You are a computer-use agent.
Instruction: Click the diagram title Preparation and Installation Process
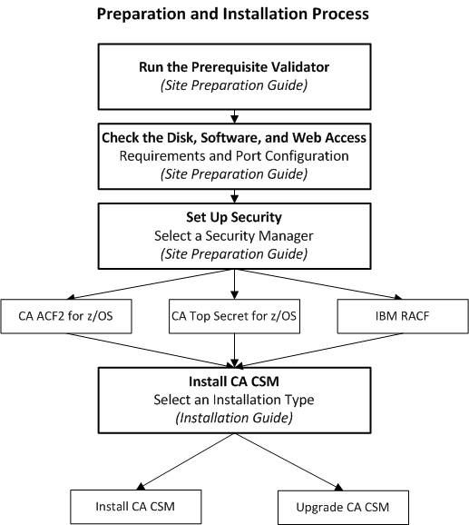[x=234, y=15]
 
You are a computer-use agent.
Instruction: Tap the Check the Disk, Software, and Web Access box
[x=234, y=154]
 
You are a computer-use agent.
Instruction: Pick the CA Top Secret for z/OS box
[x=235, y=318]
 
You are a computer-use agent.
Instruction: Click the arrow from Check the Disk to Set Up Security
[x=235, y=193]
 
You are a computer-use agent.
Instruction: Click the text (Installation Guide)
[x=235, y=417]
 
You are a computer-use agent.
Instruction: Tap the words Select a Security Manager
[x=235, y=234]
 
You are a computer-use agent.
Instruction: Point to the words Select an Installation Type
[x=235, y=401]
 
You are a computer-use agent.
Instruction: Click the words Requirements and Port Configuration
[x=235, y=154]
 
